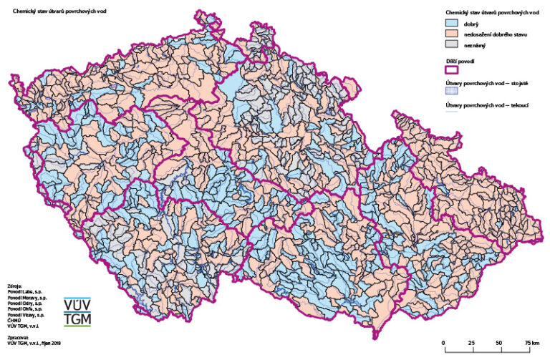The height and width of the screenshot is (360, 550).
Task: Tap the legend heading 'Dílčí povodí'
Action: [459, 62]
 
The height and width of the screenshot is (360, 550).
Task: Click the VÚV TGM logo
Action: [77, 312]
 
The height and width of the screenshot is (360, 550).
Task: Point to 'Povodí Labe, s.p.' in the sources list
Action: [28, 291]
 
